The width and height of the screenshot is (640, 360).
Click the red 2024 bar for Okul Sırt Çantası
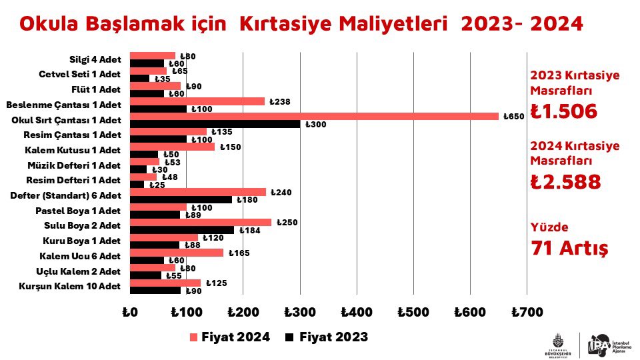[x=313, y=117]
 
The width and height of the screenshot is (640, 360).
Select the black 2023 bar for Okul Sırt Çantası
[x=215, y=124]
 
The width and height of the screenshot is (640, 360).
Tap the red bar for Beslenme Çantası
[x=197, y=101]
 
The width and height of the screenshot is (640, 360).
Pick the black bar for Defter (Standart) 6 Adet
[x=181, y=199]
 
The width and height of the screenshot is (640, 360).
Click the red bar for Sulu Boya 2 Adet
[x=200, y=222]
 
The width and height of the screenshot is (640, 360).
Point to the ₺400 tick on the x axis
[x=356, y=311]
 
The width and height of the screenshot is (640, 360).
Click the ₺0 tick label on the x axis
[x=129, y=311]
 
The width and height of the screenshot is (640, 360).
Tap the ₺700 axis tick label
[x=526, y=311]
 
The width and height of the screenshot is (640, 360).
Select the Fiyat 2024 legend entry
[x=230, y=337]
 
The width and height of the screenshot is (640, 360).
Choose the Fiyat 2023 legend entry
[x=327, y=337]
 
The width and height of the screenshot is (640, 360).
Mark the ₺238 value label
[x=281, y=101]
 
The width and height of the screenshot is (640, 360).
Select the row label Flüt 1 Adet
[x=96, y=89]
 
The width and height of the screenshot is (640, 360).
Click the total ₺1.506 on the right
[x=563, y=111]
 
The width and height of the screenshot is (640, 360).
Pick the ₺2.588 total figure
[x=565, y=182]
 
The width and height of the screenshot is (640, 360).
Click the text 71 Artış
[x=569, y=248]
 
